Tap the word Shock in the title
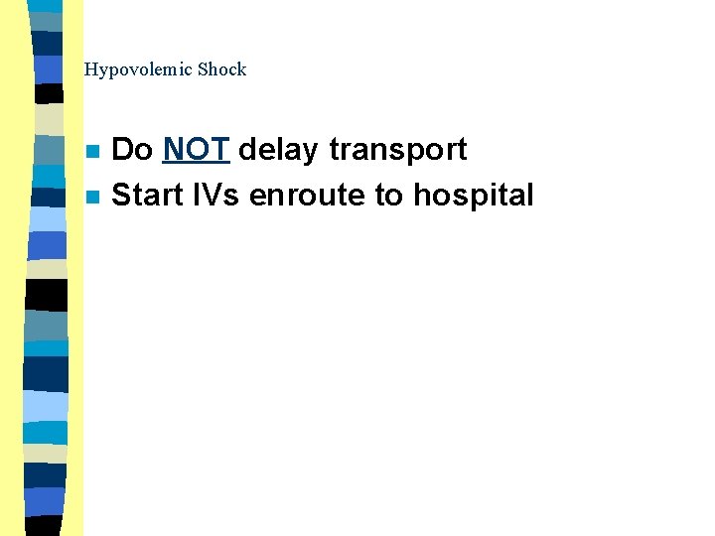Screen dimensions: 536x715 coord(221,69)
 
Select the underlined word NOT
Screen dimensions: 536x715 coord(197,150)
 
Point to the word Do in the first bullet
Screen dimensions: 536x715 coord(132,150)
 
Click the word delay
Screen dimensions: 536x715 coord(278,150)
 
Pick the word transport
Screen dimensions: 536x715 coord(397,150)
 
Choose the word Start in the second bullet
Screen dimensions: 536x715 coord(146,195)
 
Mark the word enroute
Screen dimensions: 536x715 coord(308,195)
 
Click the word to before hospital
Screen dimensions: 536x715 coord(388,195)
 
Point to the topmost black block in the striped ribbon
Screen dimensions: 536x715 coord(49,93)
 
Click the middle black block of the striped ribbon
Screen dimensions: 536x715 coord(47,295)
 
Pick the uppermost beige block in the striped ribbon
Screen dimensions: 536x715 coord(49,119)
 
